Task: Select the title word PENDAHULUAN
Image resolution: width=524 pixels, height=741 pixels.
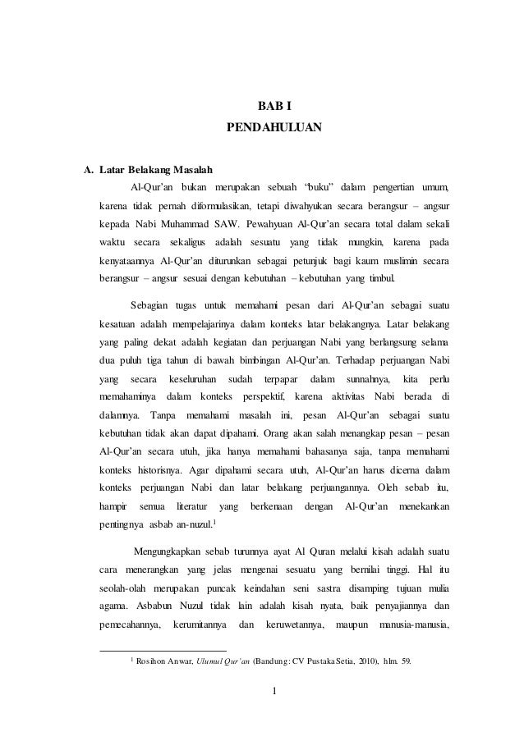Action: [274, 129]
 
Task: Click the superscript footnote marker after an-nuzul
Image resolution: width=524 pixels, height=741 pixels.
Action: [214, 522]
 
